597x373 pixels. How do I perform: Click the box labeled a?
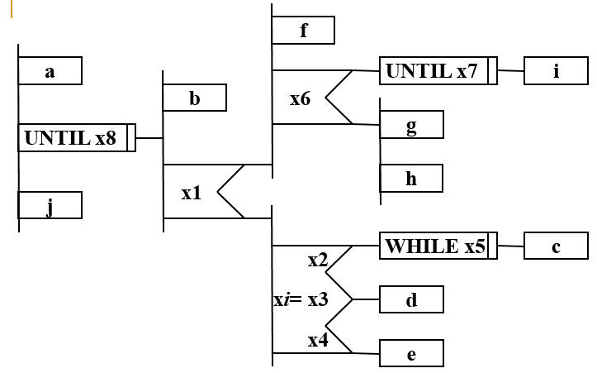pos(50,71)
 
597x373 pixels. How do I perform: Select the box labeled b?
pos(194,98)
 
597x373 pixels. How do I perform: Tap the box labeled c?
pos(556,246)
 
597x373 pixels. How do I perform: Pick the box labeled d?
pos(411,299)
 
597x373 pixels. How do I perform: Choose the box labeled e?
pos(411,354)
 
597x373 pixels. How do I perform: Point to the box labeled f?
pos(303,31)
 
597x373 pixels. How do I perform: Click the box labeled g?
pos(411,125)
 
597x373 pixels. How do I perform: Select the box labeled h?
pos(411,178)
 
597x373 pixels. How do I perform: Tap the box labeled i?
pos(556,71)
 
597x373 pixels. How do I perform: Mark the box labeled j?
pos(50,205)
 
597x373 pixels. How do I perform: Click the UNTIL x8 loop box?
pos(76,138)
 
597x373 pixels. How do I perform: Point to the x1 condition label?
pos(191,194)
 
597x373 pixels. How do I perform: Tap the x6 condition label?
pos(300,98)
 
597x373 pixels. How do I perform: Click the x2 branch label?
pos(318,261)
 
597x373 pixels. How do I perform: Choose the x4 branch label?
pos(318,339)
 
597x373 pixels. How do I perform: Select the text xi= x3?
pos(301,299)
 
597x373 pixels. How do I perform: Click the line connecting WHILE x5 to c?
pos(510,246)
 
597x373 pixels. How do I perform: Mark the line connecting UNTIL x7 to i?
pos(510,71)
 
